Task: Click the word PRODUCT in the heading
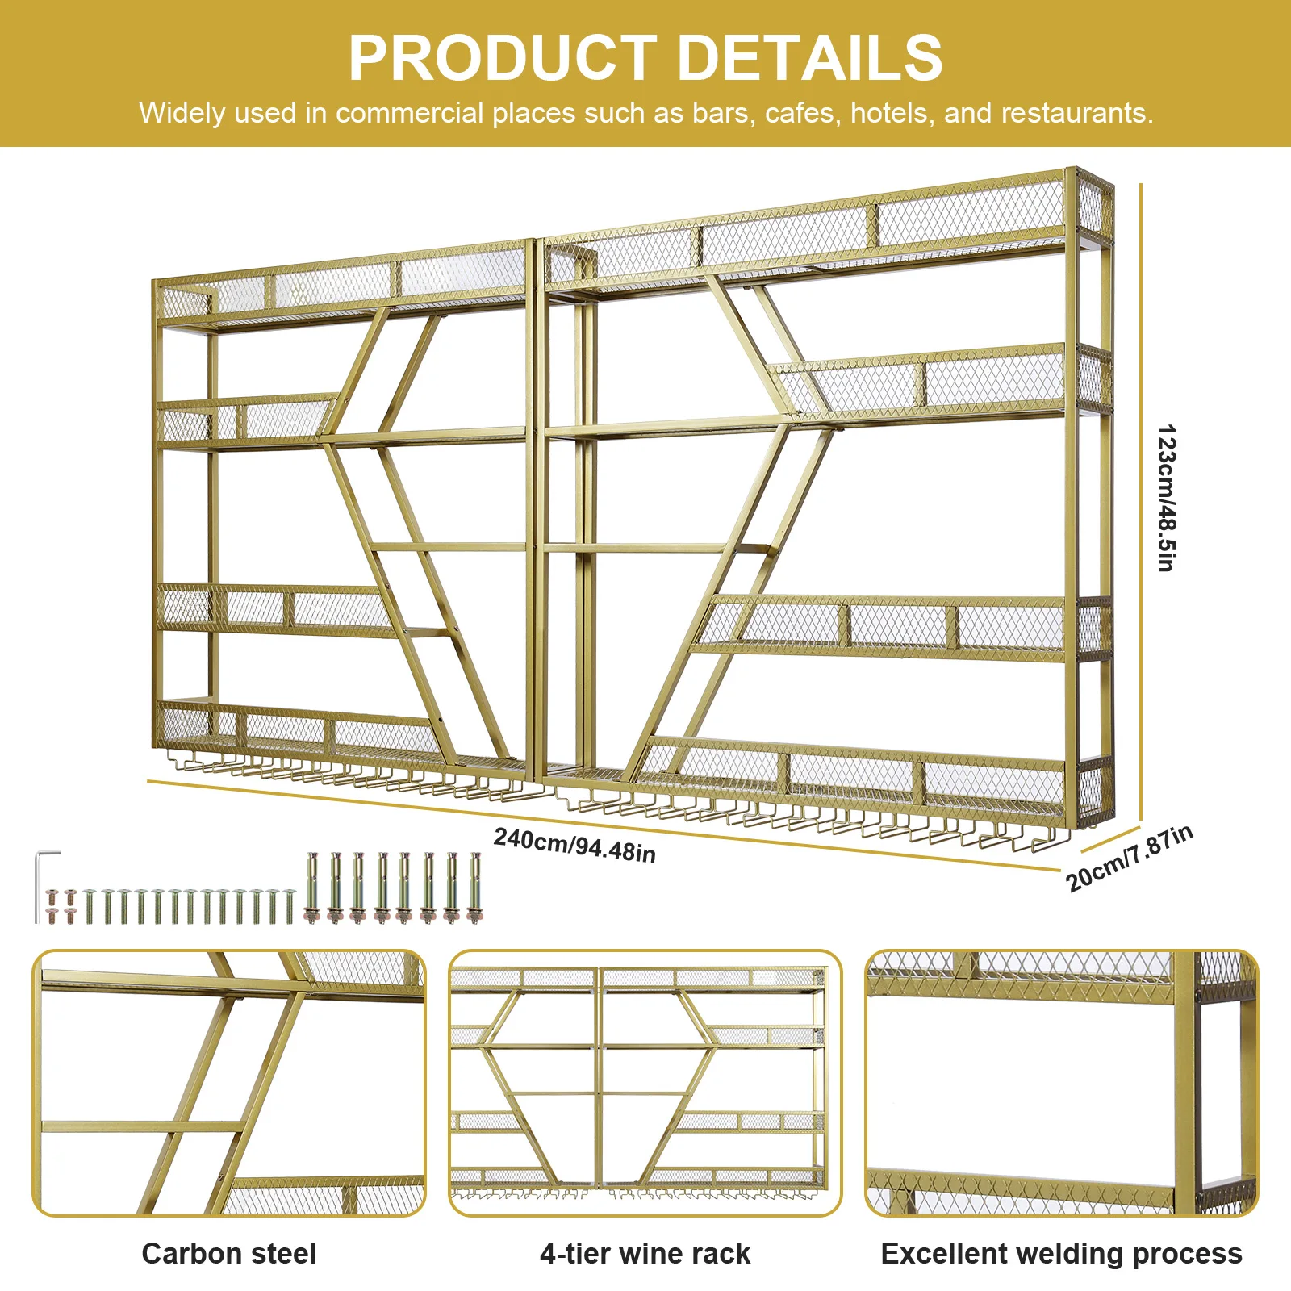[x=502, y=58]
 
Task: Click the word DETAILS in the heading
[x=809, y=58]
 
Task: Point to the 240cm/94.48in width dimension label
[x=574, y=845]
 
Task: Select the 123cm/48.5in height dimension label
[x=1166, y=498]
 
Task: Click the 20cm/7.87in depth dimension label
[x=1130, y=858]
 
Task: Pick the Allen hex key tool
[x=45, y=884]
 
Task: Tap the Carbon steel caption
[x=229, y=1253]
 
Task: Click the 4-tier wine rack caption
[x=645, y=1253]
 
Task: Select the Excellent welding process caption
[x=1061, y=1253]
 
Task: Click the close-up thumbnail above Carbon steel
[x=229, y=1083]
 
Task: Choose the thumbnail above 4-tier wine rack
[x=645, y=1083]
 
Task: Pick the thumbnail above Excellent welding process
[x=1061, y=1083]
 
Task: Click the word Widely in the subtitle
[x=182, y=113]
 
